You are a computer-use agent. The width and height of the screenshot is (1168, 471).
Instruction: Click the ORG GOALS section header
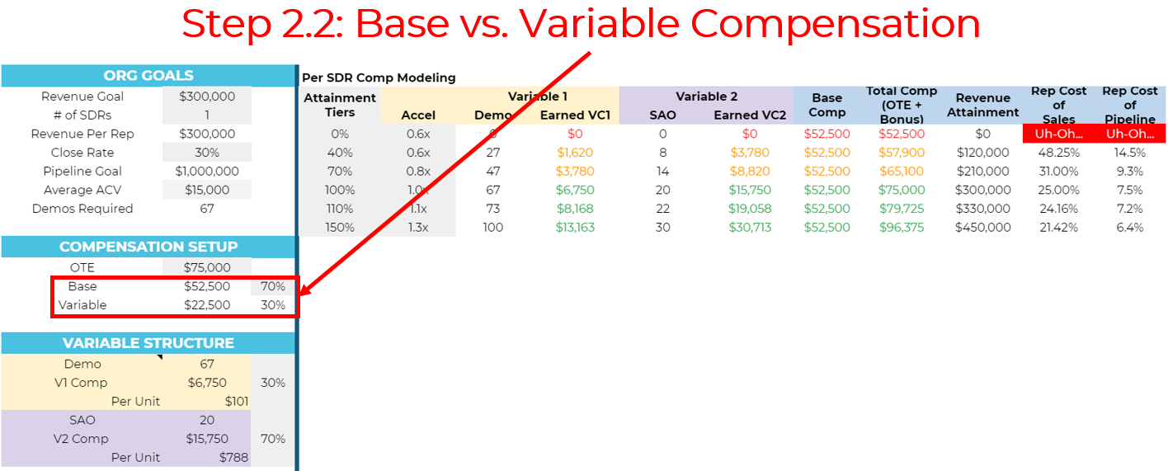pyautogui.click(x=148, y=76)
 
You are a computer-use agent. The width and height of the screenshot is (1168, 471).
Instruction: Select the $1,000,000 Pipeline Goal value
pyautogui.click(x=207, y=171)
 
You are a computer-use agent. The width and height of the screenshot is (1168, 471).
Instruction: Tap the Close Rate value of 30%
pyautogui.click(x=207, y=153)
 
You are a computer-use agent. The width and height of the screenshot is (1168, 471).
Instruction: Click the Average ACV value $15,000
pyautogui.click(x=207, y=190)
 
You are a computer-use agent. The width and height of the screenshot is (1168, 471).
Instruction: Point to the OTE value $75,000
pyautogui.click(x=207, y=267)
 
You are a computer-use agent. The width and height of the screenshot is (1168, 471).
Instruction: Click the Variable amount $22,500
pyautogui.click(x=207, y=305)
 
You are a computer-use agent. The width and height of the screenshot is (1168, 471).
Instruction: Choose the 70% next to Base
pyautogui.click(x=273, y=286)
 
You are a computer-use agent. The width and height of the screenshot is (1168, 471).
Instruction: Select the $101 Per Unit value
pyautogui.click(x=237, y=401)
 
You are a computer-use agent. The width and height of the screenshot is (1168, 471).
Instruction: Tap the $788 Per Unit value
pyautogui.click(x=233, y=458)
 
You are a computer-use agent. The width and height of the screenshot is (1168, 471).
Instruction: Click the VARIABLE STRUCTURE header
pyautogui.click(x=148, y=343)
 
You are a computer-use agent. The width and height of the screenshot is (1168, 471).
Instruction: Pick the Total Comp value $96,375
pyautogui.click(x=902, y=228)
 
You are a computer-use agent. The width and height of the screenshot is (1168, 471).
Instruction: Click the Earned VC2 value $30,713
pyautogui.click(x=750, y=228)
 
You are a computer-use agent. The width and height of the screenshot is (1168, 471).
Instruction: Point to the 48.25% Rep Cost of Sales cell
pyautogui.click(x=1058, y=153)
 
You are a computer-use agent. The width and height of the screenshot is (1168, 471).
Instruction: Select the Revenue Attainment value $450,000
pyautogui.click(x=983, y=228)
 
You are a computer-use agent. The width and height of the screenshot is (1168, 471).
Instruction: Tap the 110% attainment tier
pyautogui.click(x=340, y=209)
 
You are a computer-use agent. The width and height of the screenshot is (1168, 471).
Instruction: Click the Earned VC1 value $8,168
pyautogui.click(x=575, y=209)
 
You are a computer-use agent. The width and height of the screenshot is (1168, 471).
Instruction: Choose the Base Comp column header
pyautogui.click(x=827, y=105)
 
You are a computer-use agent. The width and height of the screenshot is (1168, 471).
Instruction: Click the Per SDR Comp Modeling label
pyautogui.click(x=379, y=78)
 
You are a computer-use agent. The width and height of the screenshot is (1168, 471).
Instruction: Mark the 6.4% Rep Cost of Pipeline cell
pyautogui.click(x=1130, y=228)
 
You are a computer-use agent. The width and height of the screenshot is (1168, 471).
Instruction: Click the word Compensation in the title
pyautogui.click(x=836, y=24)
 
